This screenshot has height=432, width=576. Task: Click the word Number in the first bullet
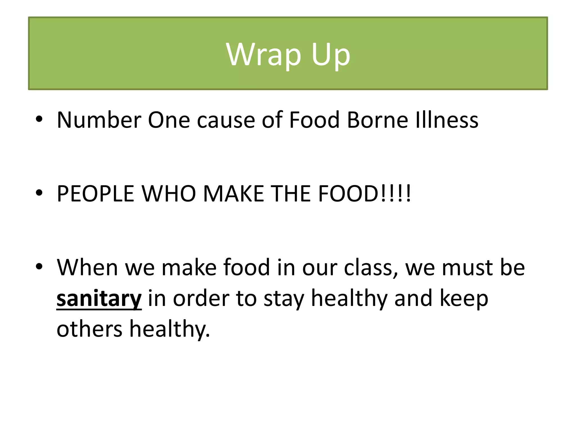pos(99,120)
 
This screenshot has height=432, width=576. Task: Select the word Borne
pos(377,120)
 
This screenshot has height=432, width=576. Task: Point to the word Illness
pos(447,120)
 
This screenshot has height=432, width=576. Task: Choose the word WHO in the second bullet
pos(168,194)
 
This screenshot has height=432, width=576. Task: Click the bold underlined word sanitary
pos(99,299)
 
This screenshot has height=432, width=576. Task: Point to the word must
pos(467,267)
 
